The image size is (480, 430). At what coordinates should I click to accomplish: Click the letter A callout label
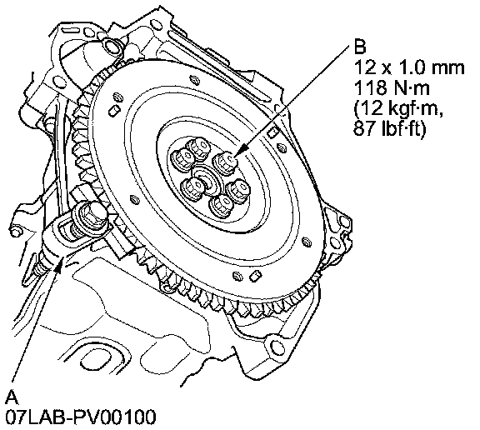click(x=12, y=397)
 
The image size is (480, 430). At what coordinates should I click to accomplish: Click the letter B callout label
click(x=360, y=47)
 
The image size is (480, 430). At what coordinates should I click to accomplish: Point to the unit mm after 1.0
click(x=448, y=68)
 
